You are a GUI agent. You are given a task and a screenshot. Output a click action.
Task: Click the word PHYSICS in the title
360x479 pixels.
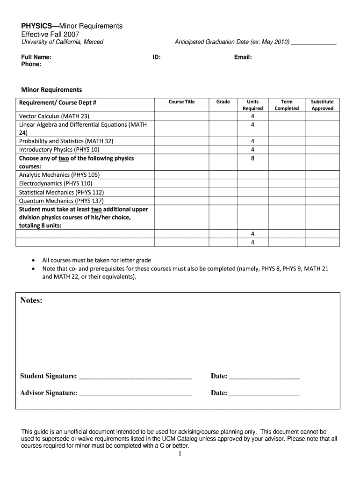36,26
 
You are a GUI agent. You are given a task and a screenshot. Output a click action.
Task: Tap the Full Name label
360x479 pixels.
36,57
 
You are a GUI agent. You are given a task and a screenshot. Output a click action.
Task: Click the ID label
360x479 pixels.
157,57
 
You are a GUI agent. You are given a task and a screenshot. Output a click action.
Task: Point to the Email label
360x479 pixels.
243,57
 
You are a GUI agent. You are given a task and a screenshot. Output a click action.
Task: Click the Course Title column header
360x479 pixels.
181,102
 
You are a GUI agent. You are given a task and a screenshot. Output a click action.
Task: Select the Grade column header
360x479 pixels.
223,102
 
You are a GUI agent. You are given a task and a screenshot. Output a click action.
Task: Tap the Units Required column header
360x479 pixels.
252,105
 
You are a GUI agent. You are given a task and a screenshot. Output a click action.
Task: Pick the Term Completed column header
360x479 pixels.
287,105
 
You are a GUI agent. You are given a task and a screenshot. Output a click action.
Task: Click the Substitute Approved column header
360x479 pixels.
322,105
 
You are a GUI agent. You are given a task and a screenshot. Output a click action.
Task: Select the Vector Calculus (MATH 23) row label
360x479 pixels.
54,116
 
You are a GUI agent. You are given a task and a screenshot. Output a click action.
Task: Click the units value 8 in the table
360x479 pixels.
252,159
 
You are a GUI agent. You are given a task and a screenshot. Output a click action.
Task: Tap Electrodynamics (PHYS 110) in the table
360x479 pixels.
56,184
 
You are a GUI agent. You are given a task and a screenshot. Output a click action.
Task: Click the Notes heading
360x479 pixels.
31,300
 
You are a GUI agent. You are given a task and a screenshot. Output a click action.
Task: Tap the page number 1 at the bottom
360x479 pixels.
180,453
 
